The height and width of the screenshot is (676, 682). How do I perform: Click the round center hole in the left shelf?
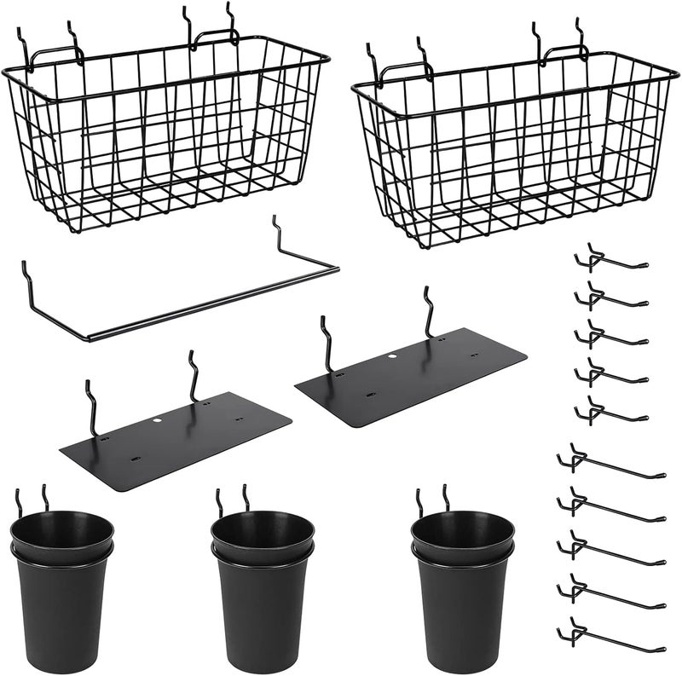[159, 420]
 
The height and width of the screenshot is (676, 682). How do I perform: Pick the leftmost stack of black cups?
[61, 588]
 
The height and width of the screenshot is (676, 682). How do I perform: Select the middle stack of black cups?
[263, 588]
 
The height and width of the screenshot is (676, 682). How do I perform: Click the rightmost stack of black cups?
[462, 588]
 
